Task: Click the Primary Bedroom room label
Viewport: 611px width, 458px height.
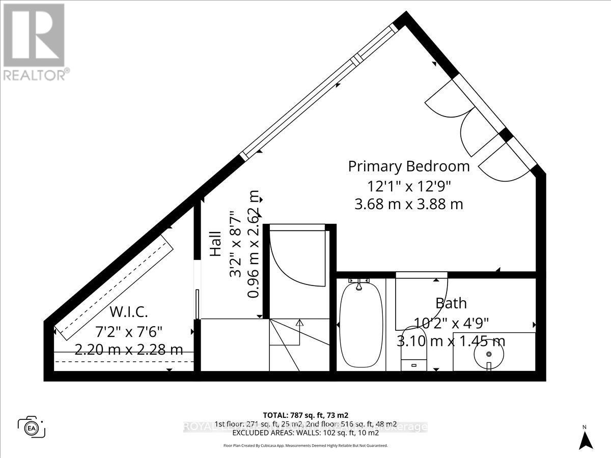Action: (x=408, y=166)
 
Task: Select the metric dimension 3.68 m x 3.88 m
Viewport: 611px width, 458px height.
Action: (x=408, y=204)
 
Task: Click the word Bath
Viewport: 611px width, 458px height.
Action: (x=451, y=303)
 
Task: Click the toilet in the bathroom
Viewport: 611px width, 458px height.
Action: (x=413, y=362)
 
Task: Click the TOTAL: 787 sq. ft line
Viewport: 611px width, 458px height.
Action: (x=305, y=415)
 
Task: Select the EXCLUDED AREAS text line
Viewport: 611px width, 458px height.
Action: (x=305, y=433)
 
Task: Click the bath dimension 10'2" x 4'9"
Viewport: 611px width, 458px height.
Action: (x=451, y=322)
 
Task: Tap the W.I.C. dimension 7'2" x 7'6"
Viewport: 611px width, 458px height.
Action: (x=129, y=331)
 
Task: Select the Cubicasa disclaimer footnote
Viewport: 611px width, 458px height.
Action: (x=305, y=445)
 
